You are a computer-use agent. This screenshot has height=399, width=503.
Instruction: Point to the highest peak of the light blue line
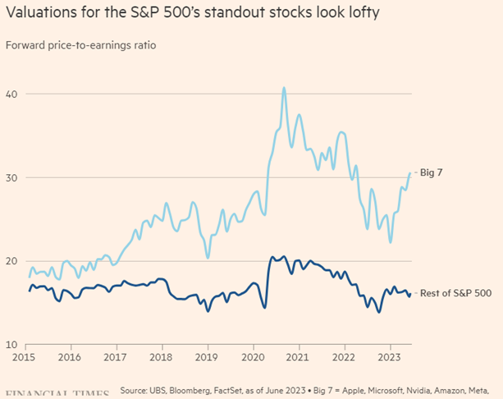tap(284, 88)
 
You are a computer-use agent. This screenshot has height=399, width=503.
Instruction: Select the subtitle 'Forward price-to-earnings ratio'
tap(80, 44)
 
